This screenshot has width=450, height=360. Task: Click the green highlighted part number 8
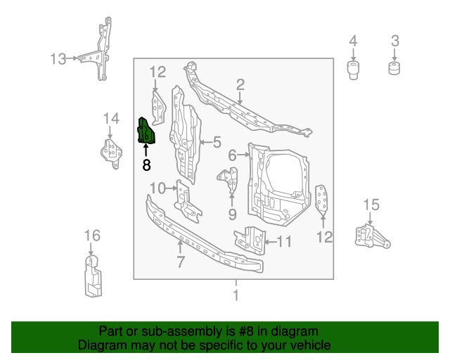click(x=146, y=131)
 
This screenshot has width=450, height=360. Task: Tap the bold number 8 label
click(x=146, y=166)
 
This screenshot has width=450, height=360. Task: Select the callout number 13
click(x=58, y=59)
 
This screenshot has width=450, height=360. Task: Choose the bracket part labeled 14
click(x=110, y=151)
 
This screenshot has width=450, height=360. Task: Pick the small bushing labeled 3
click(x=394, y=68)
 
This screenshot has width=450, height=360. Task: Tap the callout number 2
click(x=240, y=85)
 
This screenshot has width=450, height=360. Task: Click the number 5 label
click(x=217, y=142)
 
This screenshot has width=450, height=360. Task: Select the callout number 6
click(x=232, y=155)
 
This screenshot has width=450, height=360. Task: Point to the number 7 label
click(x=181, y=262)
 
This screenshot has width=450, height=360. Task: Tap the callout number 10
click(x=157, y=188)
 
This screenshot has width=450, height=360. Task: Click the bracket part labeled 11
click(x=252, y=239)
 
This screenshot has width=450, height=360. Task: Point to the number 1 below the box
click(x=236, y=295)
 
